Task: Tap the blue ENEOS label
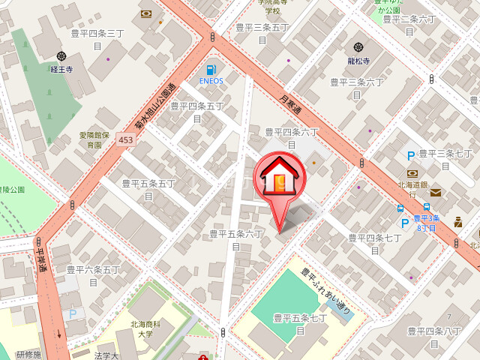211,80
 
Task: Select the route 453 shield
125,140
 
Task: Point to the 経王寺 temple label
61,68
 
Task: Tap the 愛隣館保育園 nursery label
94,139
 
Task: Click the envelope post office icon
436,193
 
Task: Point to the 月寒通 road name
291,103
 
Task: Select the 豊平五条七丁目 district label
299,324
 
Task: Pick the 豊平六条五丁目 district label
93,274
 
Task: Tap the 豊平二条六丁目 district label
409,25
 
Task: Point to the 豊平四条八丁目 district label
435,335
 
